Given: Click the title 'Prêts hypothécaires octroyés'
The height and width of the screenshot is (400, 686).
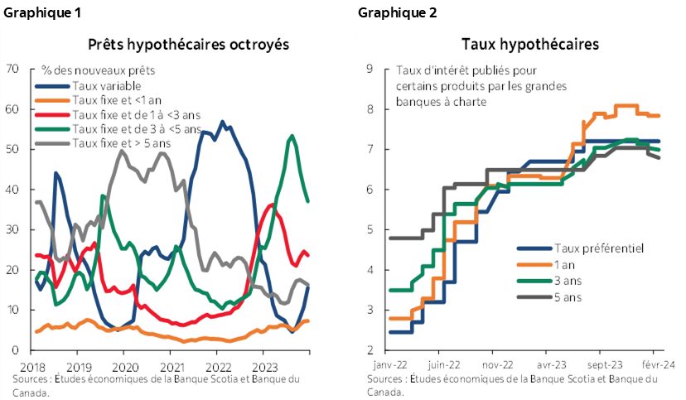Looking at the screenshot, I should (x=189, y=45).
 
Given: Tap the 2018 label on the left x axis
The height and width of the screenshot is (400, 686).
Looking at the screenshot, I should (x=33, y=365).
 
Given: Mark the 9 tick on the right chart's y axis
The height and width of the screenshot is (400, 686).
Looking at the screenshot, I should (x=370, y=69).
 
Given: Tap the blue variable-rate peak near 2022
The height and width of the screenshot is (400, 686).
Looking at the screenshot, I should (x=221, y=122).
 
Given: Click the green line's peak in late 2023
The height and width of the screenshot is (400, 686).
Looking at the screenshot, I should (x=292, y=136).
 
